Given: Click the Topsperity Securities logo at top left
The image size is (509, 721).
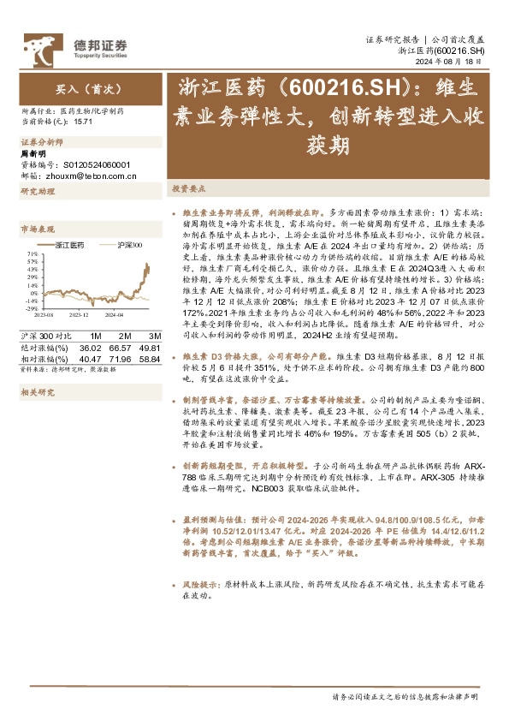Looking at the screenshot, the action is tap(74, 45).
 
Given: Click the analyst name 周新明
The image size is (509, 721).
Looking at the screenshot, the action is tap(32, 153).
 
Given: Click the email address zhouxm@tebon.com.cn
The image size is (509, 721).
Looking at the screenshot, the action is tap(82, 175).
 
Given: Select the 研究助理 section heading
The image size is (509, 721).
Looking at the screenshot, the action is tap(37, 192).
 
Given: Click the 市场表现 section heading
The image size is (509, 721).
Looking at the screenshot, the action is tap(37, 229).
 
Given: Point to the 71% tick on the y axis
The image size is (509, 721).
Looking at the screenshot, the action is tap(32, 254).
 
